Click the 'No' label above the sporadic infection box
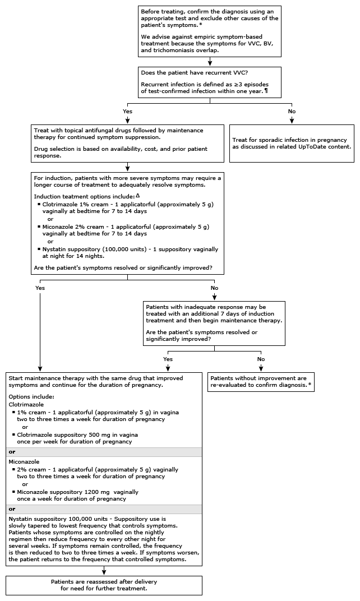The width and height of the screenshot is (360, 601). [292, 112]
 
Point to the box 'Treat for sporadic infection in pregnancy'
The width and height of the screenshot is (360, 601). [292, 144]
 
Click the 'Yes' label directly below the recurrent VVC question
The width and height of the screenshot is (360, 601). [127, 112]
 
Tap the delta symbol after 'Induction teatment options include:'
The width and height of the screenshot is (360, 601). [138, 195]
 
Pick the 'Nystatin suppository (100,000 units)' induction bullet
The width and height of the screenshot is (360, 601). [130, 252]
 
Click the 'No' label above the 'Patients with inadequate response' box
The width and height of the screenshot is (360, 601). [214, 288]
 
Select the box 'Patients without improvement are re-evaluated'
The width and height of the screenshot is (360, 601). [261, 382]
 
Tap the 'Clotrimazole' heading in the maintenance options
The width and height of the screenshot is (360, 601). [26, 404]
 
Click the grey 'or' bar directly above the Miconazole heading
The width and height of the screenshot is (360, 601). [104, 452]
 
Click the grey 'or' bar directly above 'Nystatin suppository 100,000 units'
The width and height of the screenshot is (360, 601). [104, 510]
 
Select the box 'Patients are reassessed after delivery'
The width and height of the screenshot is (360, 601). [104, 585]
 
